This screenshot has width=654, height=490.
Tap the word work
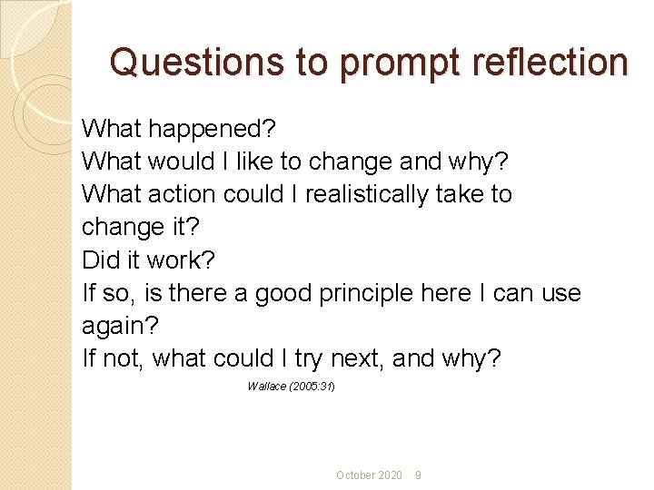(181, 260)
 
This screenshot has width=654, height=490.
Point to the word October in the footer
(354, 475)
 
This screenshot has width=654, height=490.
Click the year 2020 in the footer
(390, 475)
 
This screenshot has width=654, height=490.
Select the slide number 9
(418, 475)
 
